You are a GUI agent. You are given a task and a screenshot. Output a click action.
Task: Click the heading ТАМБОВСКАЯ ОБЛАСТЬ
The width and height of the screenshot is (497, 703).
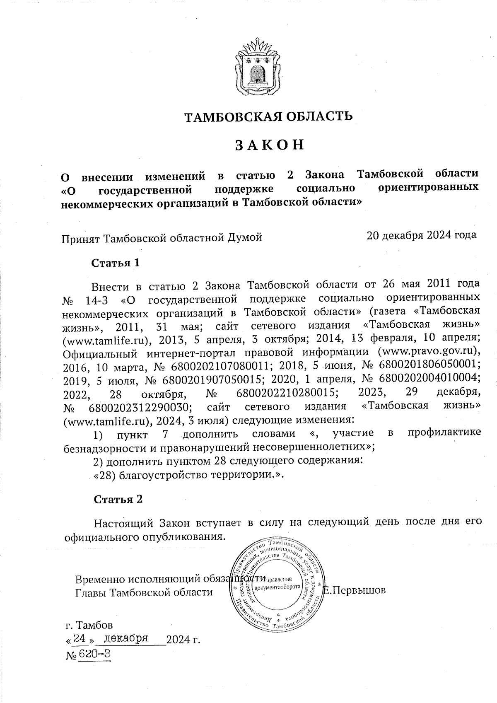[x=268, y=116]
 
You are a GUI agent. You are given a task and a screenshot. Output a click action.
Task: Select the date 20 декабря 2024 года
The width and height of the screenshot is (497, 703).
[x=421, y=235]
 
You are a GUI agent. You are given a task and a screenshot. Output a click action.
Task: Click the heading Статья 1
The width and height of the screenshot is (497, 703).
[x=116, y=263]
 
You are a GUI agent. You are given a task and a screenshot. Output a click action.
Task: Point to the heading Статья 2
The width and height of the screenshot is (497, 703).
[x=118, y=499]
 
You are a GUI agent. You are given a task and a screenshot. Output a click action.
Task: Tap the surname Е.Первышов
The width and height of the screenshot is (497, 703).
[x=355, y=589]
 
